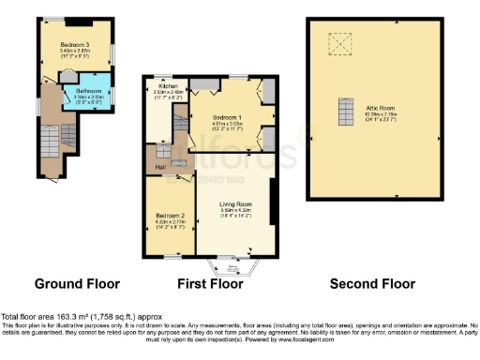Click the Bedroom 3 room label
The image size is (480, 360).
[74, 44]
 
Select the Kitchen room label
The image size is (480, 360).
[167, 85]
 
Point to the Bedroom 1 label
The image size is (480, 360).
[227, 117]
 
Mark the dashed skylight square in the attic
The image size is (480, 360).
[336, 42]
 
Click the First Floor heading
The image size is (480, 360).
[210, 283]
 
